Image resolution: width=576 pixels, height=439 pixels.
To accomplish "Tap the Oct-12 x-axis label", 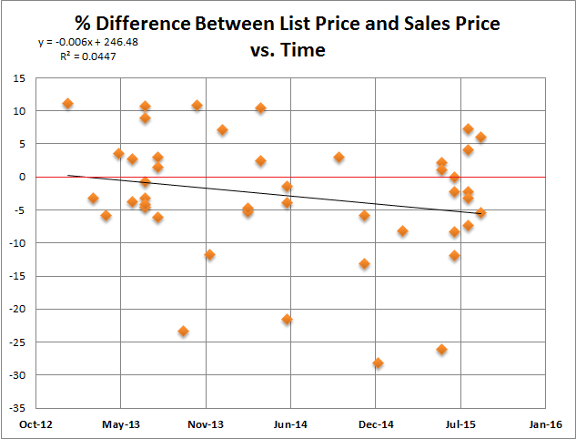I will [35, 424].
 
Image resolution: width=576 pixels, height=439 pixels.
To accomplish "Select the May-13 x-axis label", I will [120, 424].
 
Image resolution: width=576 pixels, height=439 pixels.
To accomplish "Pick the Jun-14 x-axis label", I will [290, 424].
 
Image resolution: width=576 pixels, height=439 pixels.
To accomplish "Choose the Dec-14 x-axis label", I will [376, 424].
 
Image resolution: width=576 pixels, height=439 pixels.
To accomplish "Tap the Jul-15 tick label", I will [460, 424].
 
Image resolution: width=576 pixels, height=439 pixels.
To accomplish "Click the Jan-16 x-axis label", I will [545, 424].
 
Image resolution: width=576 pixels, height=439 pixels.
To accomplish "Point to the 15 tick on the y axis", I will [18, 77].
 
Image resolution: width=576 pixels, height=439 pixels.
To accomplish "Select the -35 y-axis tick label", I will [16, 408].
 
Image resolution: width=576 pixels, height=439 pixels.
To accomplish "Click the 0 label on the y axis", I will [21, 177].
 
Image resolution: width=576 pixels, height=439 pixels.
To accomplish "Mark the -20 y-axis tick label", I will [16, 309].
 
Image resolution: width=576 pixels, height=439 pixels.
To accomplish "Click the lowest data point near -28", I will [378, 362].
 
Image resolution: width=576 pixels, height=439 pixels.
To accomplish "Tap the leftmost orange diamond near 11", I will [67, 103].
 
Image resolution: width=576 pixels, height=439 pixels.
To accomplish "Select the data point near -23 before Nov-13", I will [183, 331].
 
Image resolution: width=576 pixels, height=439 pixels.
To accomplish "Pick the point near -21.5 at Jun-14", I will [287, 319].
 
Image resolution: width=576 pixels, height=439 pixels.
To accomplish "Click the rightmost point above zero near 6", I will [480, 138].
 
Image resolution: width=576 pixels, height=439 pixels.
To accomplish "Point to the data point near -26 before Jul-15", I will [441, 349].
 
